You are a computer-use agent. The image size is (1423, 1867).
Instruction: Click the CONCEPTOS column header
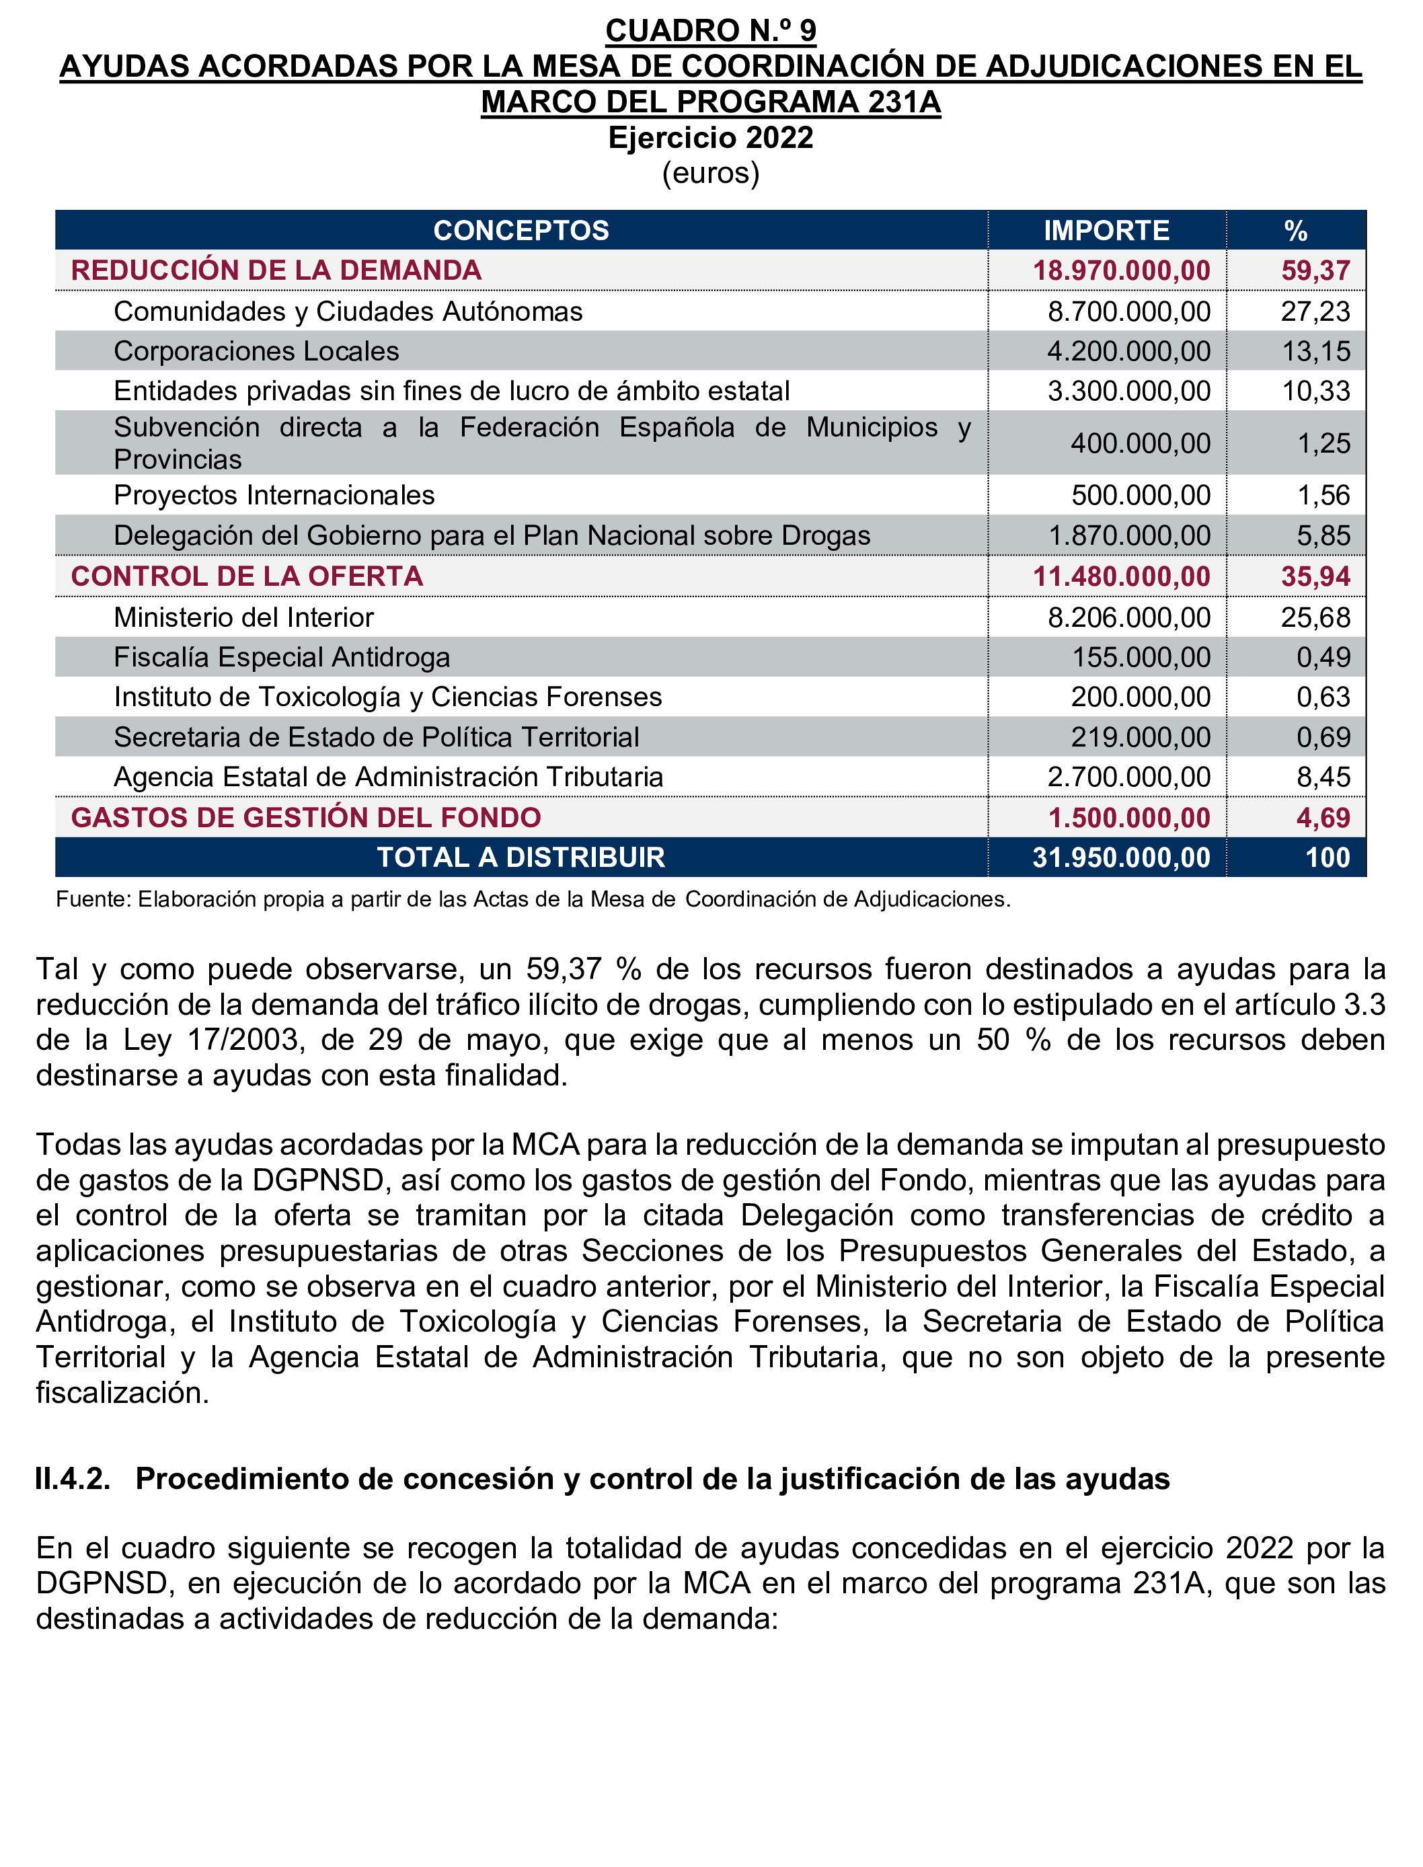tap(521, 231)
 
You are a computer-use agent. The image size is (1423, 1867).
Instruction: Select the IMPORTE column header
tap(1106, 231)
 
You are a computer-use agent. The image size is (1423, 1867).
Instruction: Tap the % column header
tap(1295, 231)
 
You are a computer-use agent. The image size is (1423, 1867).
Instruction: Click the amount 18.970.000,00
tap(1122, 270)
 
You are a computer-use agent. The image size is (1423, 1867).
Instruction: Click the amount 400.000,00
tap(1140, 443)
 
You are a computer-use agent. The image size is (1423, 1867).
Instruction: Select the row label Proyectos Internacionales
tap(274, 495)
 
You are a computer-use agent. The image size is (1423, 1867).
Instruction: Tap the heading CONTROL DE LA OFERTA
tap(247, 576)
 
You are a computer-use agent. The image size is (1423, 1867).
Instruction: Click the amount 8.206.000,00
tap(1129, 617)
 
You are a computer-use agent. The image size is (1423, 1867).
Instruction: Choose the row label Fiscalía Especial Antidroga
tap(281, 657)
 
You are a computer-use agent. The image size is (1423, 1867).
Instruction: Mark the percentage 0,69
tap(1323, 737)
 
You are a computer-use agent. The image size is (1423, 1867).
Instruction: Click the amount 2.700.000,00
tap(1129, 777)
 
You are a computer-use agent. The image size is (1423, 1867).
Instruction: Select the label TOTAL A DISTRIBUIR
tap(521, 858)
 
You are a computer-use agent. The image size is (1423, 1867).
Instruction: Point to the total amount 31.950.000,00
tap(1122, 858)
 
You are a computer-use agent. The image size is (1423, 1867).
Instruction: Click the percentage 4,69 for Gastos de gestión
tap(1323, 817)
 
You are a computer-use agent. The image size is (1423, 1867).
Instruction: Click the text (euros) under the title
tap(711, 173)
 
